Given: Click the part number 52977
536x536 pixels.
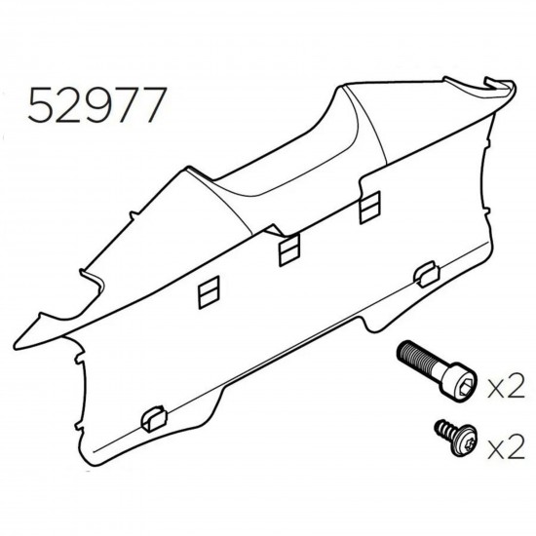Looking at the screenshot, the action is (x=97, y=105).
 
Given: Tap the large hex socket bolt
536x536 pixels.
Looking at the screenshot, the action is (x=437, y=371).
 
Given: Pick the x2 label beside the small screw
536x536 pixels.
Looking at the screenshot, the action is (x=506, y=446).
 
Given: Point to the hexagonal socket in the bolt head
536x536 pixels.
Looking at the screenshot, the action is (x=466, y=388).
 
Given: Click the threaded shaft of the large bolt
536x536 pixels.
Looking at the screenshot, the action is (x=419, y=358).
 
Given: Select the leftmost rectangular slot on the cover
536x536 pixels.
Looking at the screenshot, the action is (x=209, y=292).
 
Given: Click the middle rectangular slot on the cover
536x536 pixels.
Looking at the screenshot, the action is (x=289, y=249).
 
